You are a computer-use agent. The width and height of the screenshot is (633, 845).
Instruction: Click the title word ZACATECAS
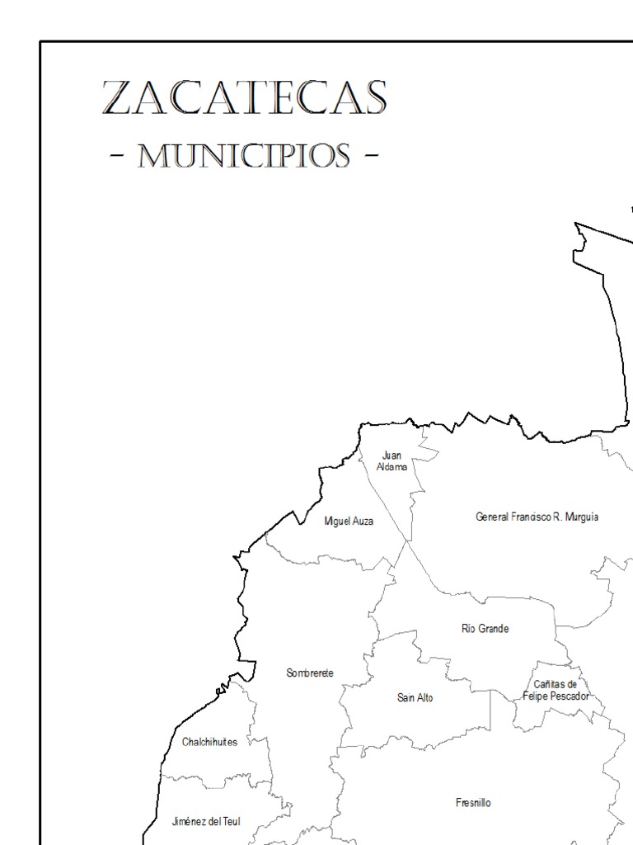pos(244,98)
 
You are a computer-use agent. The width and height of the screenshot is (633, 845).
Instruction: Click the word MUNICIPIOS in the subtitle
pos(244,155)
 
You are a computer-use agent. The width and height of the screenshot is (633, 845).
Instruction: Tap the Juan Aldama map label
pos(392,461)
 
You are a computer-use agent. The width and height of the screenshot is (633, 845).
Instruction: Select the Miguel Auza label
pos(349,522)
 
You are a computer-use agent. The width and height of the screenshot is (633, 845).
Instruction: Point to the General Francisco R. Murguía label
pos(537,517)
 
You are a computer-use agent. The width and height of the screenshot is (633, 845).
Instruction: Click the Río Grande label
pos(485,629)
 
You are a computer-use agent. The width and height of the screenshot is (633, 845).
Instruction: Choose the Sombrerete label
pos(310,673)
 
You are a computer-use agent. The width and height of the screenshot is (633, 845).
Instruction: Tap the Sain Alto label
pos(415,698)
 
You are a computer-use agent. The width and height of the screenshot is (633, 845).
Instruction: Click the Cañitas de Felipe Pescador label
pos(556,691)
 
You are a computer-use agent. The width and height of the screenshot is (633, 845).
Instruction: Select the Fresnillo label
pos(473,803)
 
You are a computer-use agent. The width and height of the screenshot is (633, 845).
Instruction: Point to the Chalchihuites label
pos(209,742)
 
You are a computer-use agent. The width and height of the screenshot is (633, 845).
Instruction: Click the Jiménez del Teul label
pos(206,822)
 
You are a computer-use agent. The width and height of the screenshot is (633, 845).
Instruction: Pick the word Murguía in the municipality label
pos(581,517)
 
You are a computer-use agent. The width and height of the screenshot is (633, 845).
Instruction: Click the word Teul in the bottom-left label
pos(229,822)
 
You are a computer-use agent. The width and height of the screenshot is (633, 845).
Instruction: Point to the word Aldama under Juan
pos(392,467)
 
